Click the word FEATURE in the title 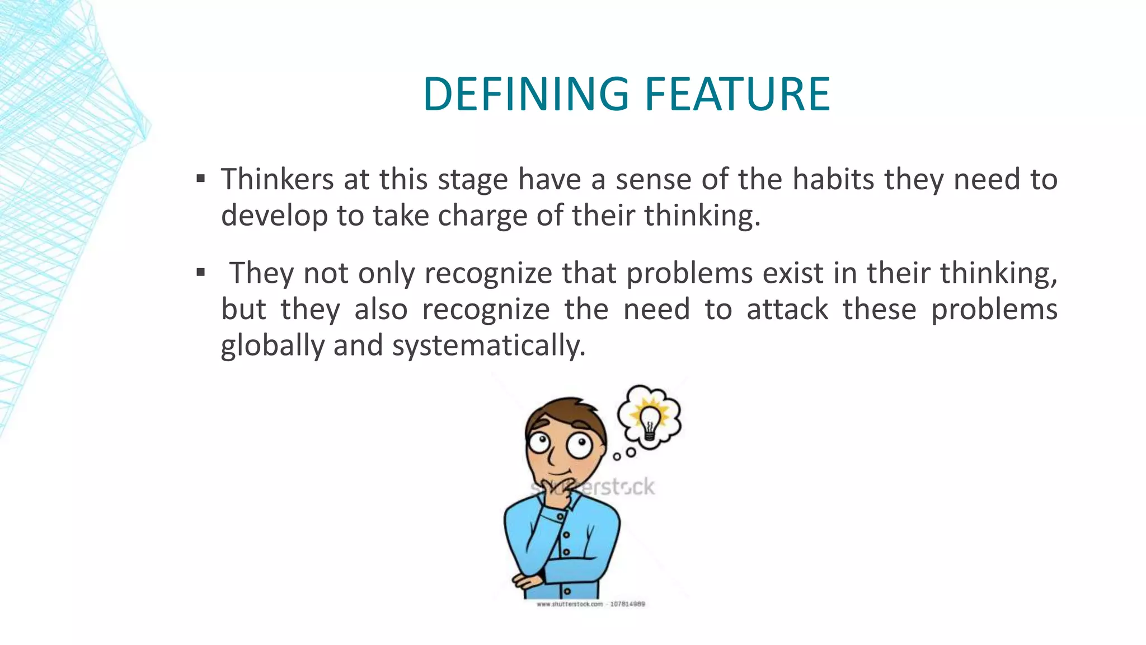tap(738, 94)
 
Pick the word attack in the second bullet tap(787, 310)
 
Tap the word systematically tap(488, 345)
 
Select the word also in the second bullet tap(381, 310)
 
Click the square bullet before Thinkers tap(201, 179)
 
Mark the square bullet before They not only tap(201, 273)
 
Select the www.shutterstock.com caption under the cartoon tap(590, 604)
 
